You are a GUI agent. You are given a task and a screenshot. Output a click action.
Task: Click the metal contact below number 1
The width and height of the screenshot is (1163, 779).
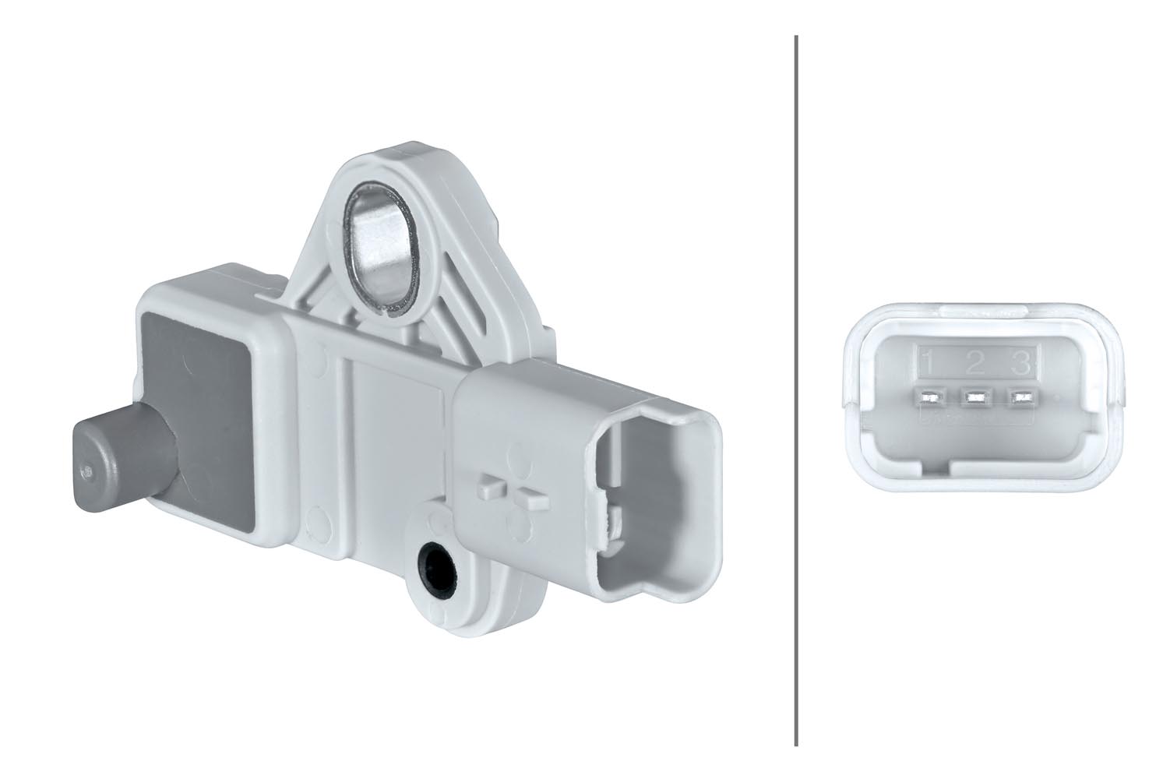coord(929,398)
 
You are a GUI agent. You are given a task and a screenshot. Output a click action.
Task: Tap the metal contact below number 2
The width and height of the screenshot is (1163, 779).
coord(974,398)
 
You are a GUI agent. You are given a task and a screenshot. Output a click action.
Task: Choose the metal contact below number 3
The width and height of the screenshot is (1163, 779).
coord(1017,398)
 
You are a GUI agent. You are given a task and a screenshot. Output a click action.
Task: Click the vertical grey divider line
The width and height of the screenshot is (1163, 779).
coord(795,389)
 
